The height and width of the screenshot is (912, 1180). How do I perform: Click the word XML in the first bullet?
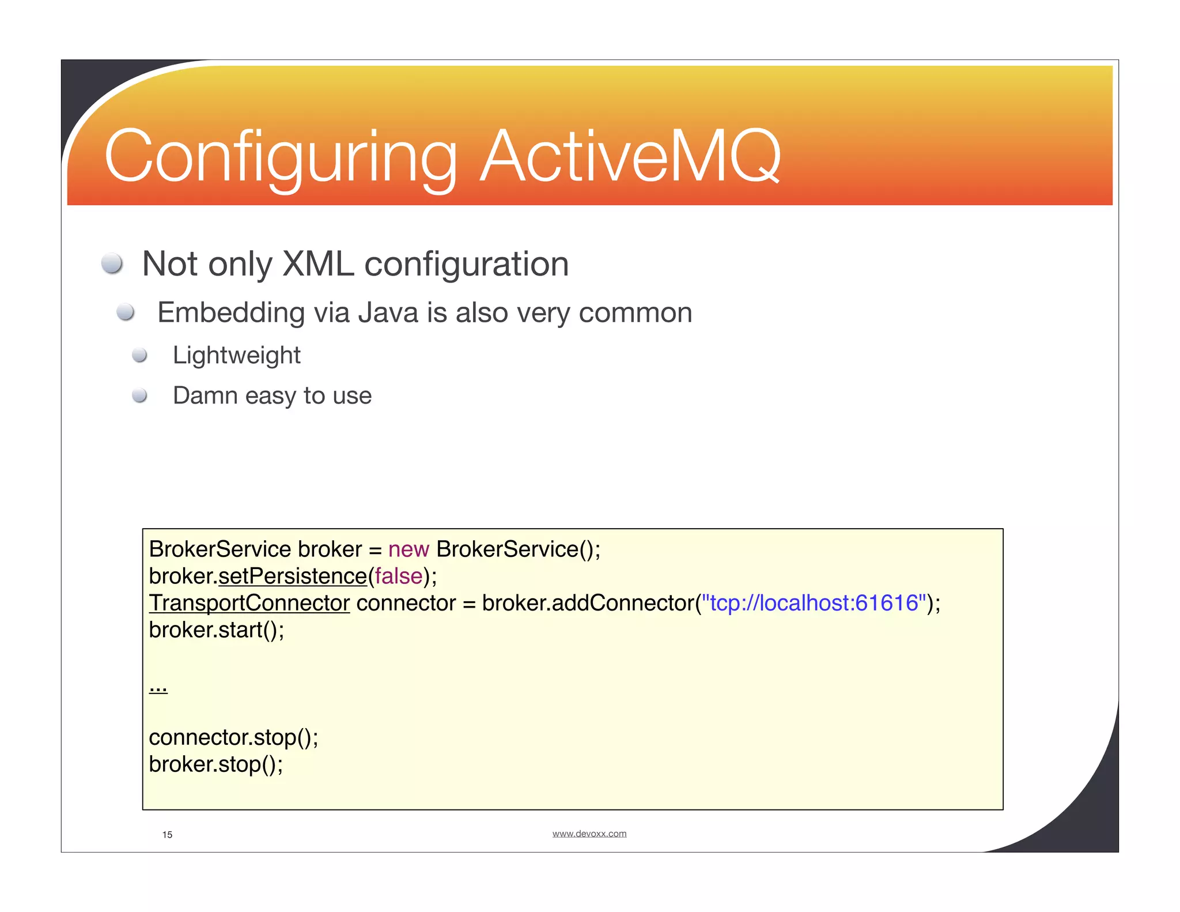318,264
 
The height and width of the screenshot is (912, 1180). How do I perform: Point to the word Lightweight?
236,355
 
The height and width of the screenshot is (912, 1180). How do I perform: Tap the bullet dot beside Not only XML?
112,263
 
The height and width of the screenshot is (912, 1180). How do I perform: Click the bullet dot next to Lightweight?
139,355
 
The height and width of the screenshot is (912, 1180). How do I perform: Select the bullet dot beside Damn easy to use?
139,395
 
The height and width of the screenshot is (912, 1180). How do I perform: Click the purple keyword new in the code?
409,549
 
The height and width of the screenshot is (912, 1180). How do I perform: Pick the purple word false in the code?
399,576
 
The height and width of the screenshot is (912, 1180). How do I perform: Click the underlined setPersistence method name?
293,576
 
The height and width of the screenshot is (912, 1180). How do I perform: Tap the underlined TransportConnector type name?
249,603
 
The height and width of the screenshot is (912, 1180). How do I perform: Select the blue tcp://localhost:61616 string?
814,603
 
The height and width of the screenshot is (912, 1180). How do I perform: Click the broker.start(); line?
216,630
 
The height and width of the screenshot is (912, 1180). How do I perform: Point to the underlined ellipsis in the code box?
158,687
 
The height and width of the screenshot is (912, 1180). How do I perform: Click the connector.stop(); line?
233,737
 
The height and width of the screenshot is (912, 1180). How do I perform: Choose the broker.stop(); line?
215,764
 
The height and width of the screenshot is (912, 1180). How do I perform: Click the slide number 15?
167,835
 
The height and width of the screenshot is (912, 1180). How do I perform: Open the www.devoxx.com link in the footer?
589,834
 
